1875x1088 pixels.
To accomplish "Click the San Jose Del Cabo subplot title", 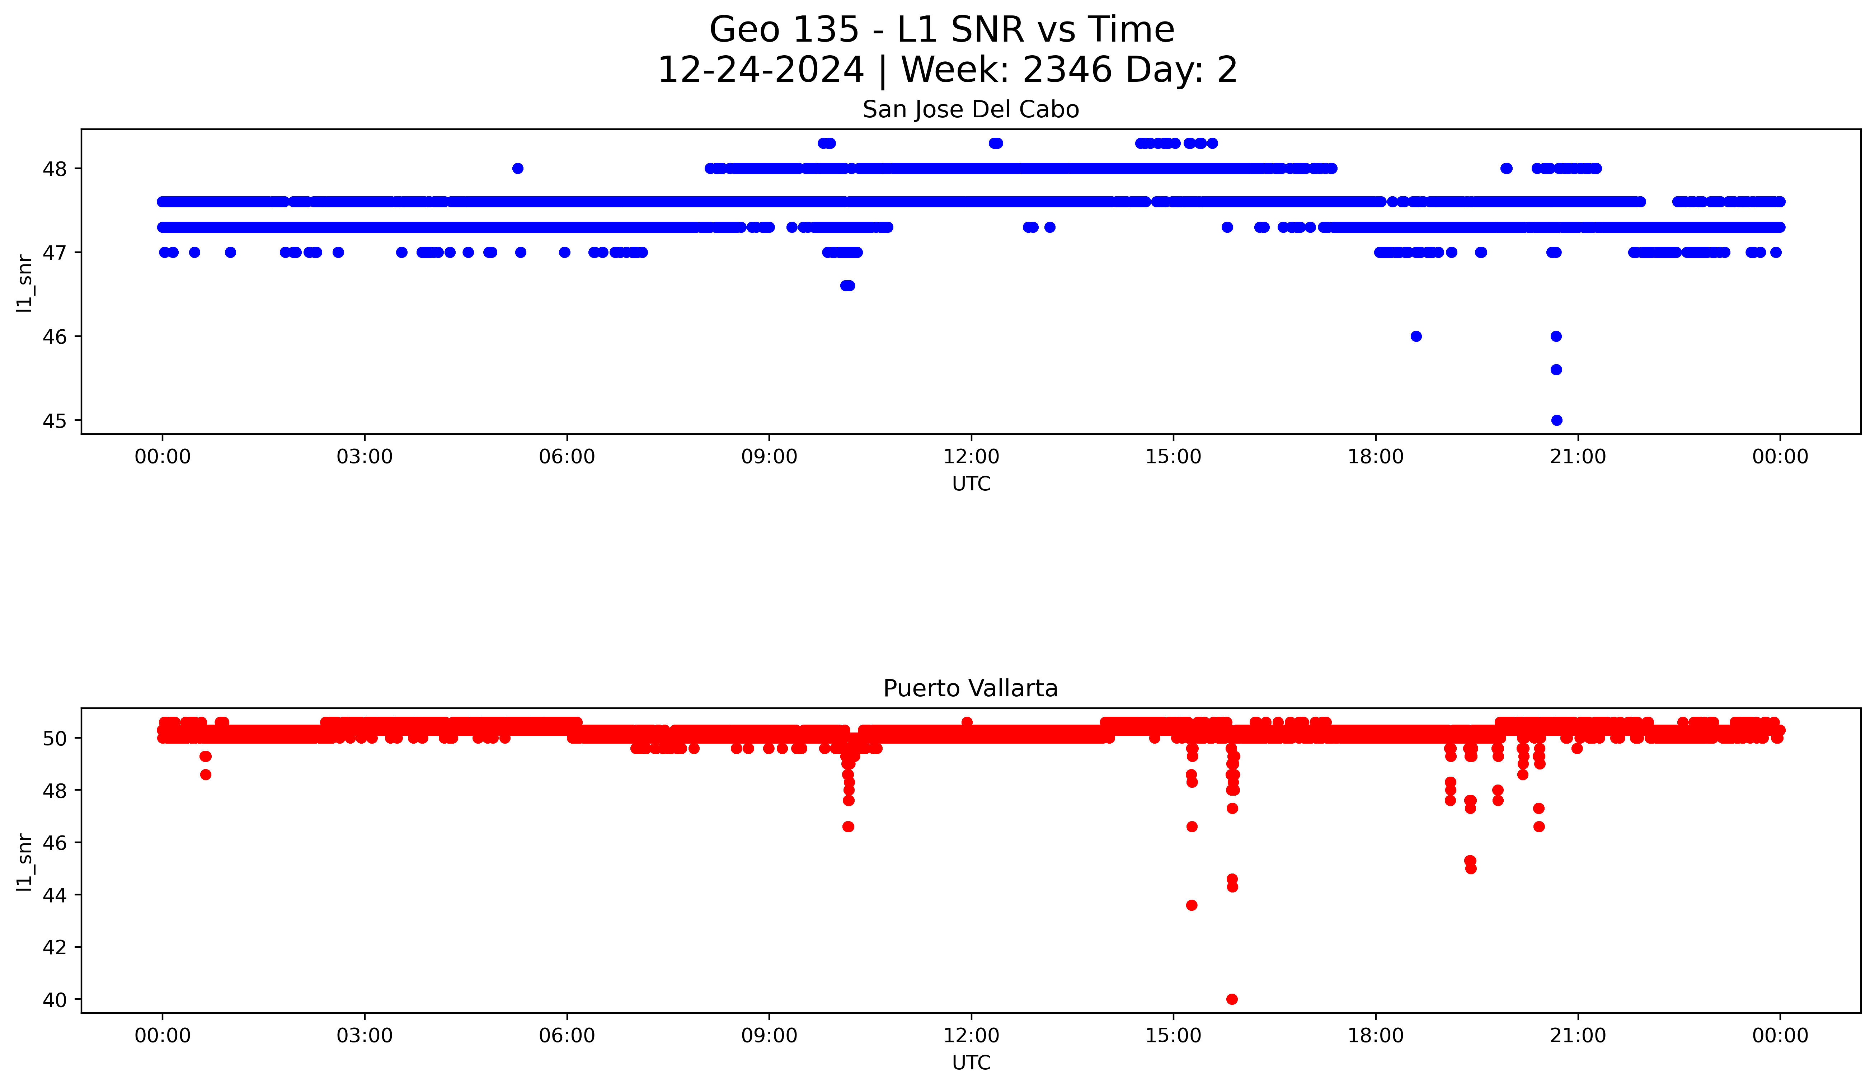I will coord(970,110).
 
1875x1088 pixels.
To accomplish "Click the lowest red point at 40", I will coord(1232,999).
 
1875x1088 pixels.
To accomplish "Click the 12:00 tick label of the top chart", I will coord(971,457).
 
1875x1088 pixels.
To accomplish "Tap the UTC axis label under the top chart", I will coord(971,484).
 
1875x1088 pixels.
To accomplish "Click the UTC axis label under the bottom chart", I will coord(971,1063).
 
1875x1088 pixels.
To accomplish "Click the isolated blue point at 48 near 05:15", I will coord(518,168).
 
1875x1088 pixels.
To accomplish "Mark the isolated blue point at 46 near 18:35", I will coord(1416,336).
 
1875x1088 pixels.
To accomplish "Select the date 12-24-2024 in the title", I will coord(760,71).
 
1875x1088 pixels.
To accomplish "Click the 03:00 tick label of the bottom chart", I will coord(365,1035).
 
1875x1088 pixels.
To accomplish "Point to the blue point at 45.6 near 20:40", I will coord(1556,369).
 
